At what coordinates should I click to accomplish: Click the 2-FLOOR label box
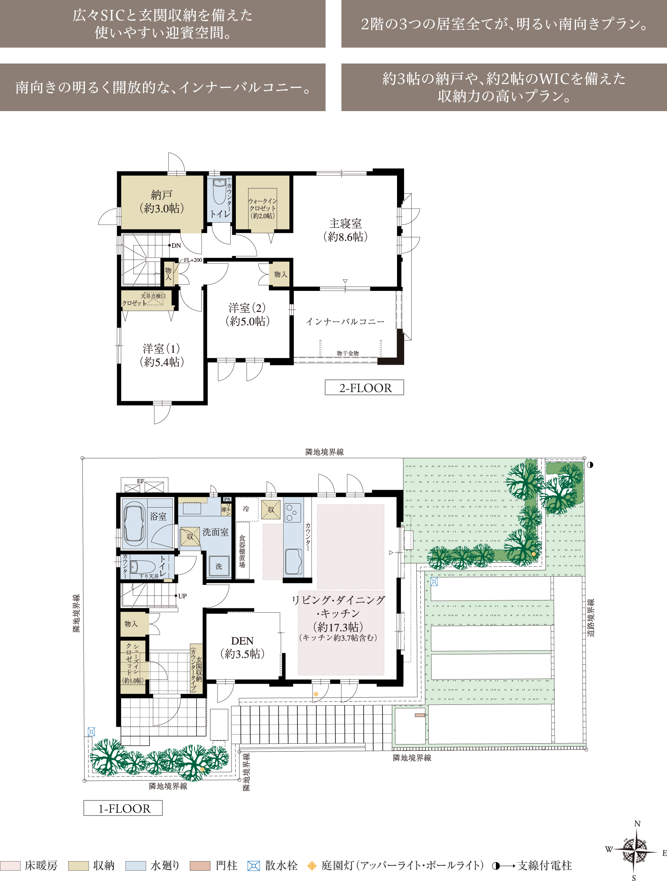(364, 387)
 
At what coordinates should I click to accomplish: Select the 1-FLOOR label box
(123, 808)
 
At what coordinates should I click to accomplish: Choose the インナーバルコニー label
(345, 321)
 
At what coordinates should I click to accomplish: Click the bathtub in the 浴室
(134, 523)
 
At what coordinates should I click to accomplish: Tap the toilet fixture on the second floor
(219, 192)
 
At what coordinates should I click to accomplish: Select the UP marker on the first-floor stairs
(182, 596)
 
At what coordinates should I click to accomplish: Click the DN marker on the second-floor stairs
(176, 245)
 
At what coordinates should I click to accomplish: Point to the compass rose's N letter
(637, 823)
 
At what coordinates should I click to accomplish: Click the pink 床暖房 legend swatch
(10, 866)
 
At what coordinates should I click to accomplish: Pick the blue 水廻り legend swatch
(135, 866)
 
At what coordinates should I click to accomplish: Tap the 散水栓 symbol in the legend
(253, 866)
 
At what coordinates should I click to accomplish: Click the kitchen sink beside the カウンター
(293, 561)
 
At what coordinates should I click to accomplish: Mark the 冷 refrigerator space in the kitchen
(246, 509)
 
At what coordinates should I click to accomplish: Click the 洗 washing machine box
(219, 566)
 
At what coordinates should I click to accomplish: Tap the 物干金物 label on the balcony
(347, 353)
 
